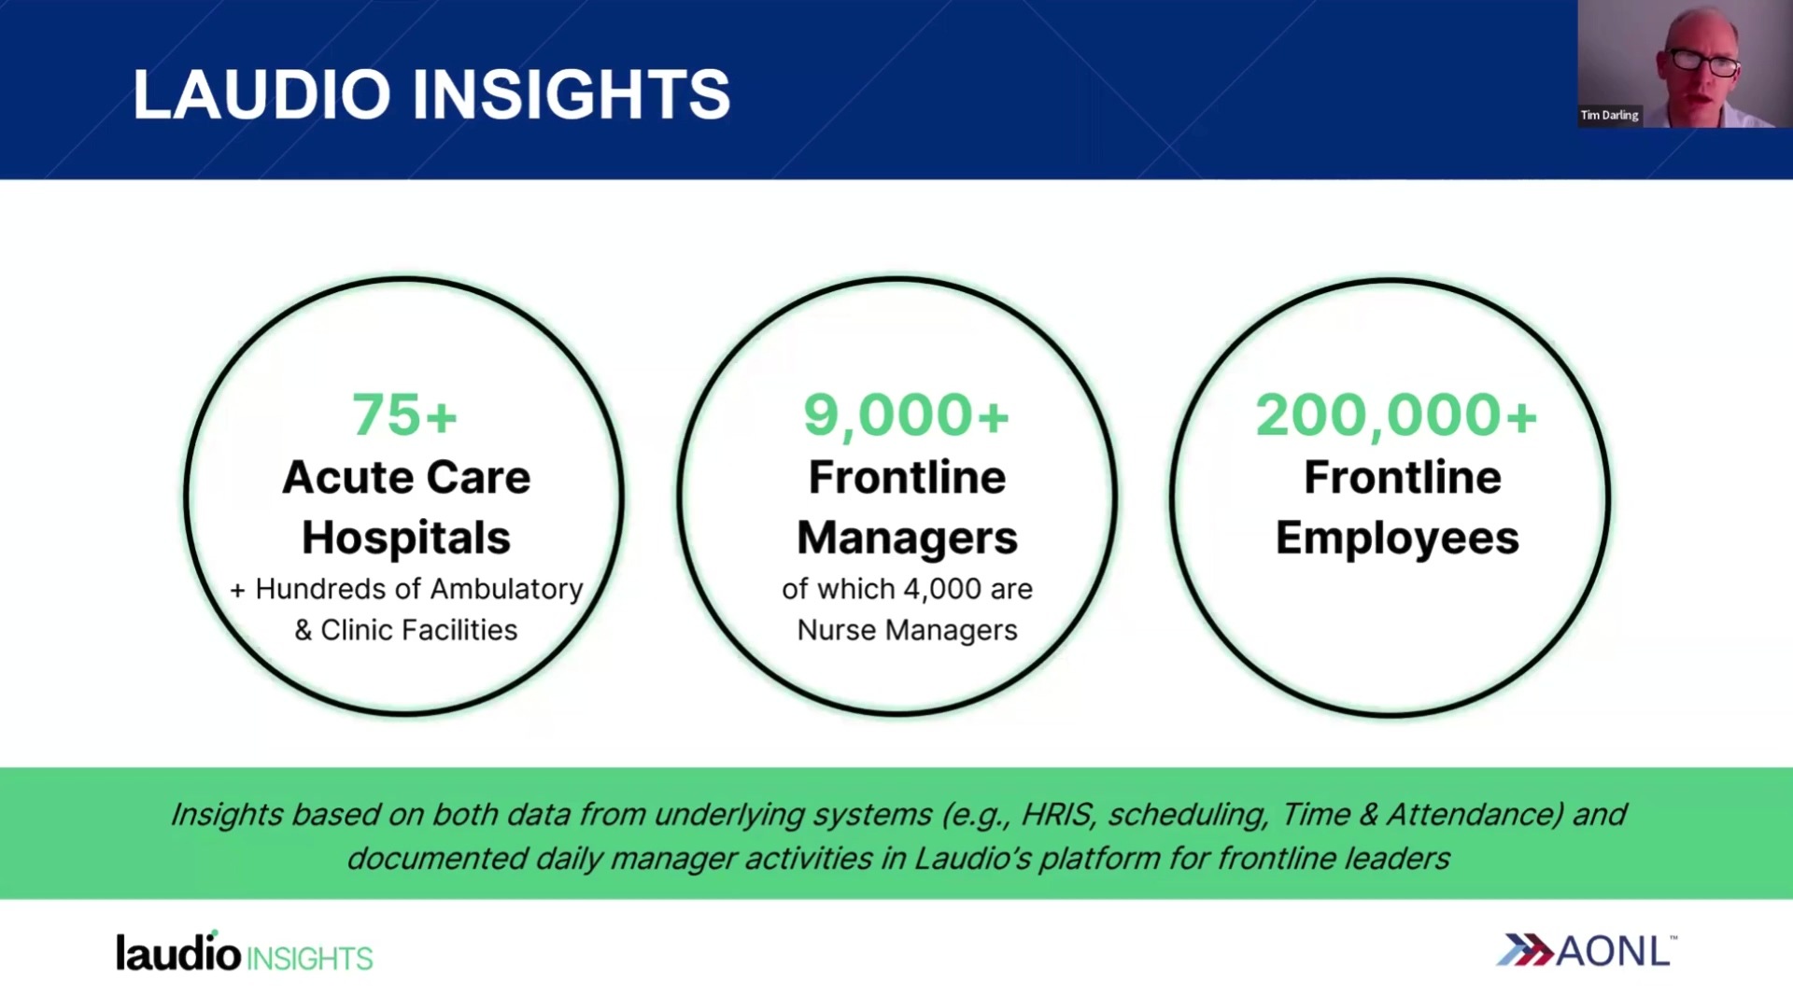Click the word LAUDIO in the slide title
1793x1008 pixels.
[261, 94]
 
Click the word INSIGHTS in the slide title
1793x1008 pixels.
[572, 94]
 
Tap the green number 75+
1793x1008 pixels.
[404, 414]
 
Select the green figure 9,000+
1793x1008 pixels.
[906, 416]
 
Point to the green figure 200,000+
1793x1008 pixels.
[1396, 416]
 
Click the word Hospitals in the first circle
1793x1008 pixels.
[406, 538]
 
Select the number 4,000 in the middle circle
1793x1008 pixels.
[942, 590]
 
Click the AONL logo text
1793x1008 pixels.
[1614, 952]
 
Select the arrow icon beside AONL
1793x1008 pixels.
[1525, 950]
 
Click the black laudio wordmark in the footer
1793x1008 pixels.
[178, 952]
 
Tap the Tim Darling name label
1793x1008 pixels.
[1609, 115]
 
